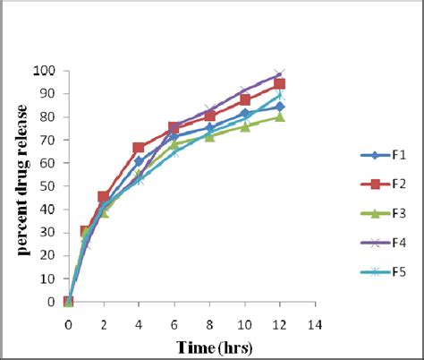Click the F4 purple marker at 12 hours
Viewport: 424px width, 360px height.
coord(280,74)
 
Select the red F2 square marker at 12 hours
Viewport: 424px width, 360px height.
coord(280,84)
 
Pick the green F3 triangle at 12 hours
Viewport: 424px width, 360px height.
coord(280,116)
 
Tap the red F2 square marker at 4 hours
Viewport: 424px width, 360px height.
coord(139,148)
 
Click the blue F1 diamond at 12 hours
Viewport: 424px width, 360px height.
coord(280,107)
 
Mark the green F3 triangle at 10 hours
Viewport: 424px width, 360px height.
coord(244,126)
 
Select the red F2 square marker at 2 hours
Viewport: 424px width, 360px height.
coord(104,196)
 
